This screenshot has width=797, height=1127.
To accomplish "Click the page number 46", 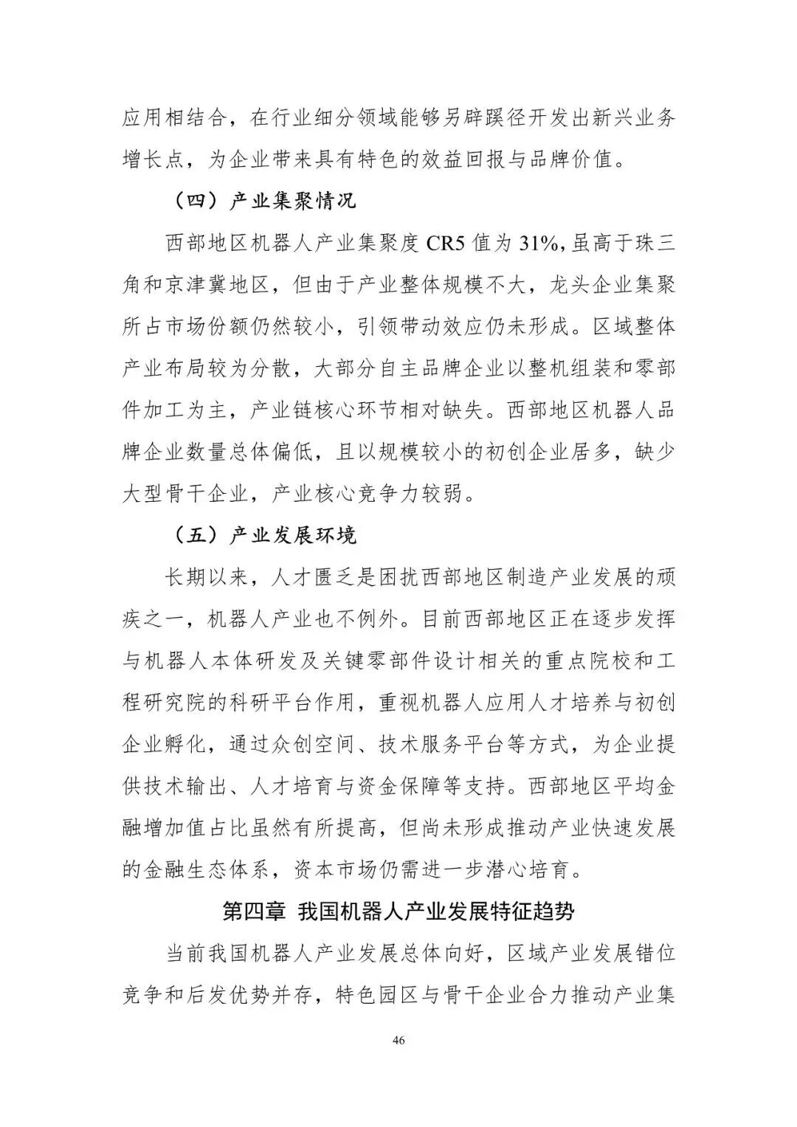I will click(398, 1041).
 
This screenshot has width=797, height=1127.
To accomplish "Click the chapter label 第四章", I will click(254, 911).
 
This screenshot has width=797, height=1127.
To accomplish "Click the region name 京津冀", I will click(199, 285).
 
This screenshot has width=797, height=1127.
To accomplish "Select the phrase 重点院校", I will click(568, 661).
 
